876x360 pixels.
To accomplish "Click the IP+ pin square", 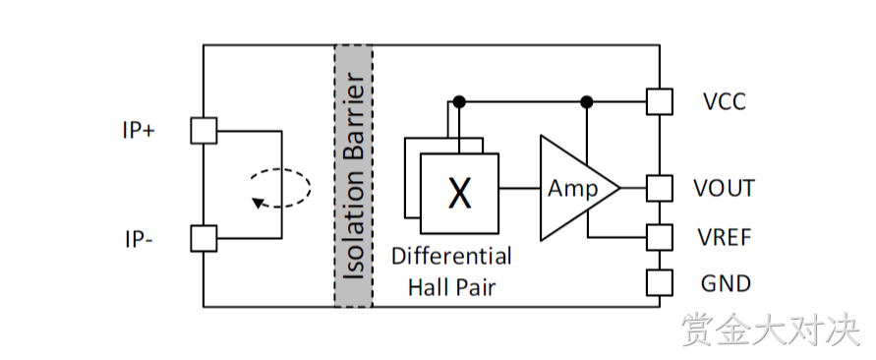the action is click(204, 131).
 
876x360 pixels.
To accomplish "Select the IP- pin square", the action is click(204, 239).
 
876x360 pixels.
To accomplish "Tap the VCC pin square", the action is click(660, 101).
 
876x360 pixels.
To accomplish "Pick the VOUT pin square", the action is click(660, 188).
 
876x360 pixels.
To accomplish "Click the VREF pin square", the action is click(660, 237).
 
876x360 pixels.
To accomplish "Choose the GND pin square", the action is click(660, 282).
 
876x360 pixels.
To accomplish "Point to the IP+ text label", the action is click(139, 131).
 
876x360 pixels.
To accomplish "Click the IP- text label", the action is click(138, 240).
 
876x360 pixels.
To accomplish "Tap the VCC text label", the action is click(724, 101).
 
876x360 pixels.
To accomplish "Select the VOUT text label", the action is click(724, 189).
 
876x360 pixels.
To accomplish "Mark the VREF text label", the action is click(725, 238).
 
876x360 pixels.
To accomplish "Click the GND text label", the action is click(726, 283).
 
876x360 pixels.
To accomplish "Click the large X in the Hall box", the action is click(460, 194).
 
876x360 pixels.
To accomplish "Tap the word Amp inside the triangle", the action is click(572, 189).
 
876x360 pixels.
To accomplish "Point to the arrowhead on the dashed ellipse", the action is click(258, 203).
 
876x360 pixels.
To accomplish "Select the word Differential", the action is click(451, 256).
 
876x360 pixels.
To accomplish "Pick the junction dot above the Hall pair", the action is click(459, 101).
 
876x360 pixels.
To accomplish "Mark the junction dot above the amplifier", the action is click(587, 101).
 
